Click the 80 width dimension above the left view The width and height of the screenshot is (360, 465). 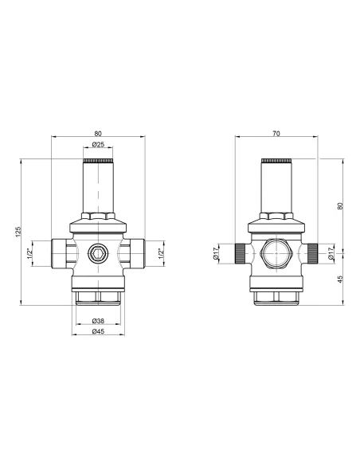click(97, 133)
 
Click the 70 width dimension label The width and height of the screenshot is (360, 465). click(276, 133)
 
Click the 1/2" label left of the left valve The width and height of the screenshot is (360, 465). click(31, 255)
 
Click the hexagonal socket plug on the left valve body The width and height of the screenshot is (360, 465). click(97, 255)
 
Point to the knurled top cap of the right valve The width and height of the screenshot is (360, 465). click(276, 161)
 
